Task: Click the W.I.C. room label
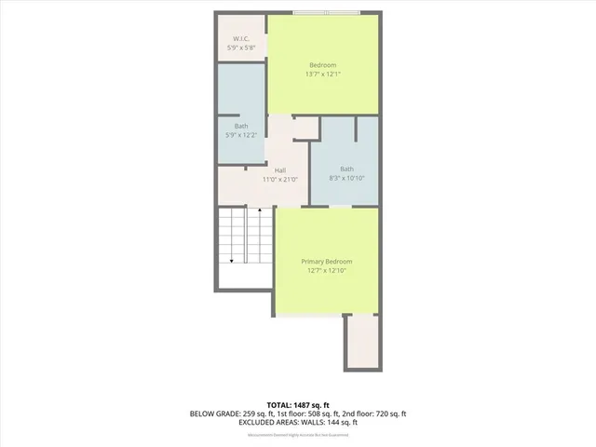click(240, 38)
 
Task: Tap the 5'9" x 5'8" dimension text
click(240, 47)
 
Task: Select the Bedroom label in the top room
click(323, 64)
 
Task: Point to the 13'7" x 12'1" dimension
click(323, 74)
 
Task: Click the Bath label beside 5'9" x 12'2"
click(241, 126)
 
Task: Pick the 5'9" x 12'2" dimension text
click(241, 135)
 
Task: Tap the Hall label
click(279, 169)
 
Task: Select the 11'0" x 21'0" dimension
click(279, 179)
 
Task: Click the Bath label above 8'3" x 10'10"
click(346, 169)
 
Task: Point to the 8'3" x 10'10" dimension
click(346, 178)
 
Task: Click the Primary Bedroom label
click(326, 262)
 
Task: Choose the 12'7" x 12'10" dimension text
click(326, 271)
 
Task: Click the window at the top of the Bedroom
click(325, 12)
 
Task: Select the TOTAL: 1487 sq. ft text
click(298, 404)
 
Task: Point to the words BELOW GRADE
click(213, 413)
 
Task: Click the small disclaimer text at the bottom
click(298, 435)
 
